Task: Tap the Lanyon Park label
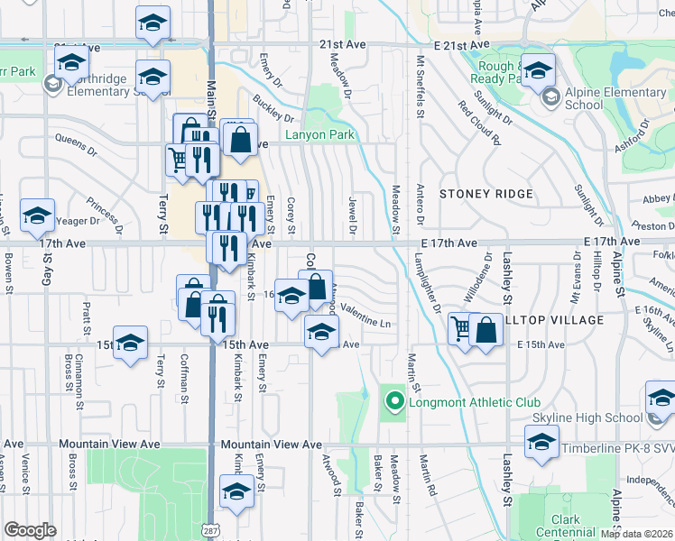[319, 135]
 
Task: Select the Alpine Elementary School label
[602, 98]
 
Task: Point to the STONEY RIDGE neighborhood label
[486, 194]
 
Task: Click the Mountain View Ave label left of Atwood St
[271, 445]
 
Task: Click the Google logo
[31, 530]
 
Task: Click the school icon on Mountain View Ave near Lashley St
[541, 443]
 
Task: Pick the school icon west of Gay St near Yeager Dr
[37, 215]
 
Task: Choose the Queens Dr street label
[75, 140]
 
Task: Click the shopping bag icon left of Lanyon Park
[241, 141]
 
